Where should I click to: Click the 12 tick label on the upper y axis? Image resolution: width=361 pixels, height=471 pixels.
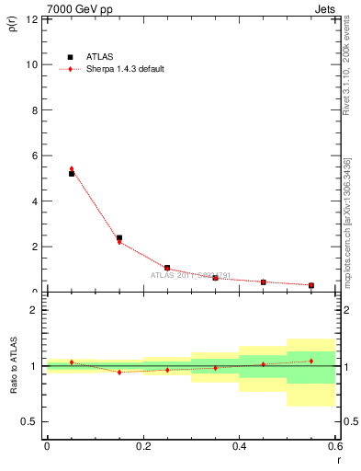(31, 19)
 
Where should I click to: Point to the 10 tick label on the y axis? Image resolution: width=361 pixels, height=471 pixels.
(31, 64)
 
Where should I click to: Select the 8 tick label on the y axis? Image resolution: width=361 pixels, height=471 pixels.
(34, 110)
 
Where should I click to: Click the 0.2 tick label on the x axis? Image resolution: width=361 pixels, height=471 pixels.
(142, 446)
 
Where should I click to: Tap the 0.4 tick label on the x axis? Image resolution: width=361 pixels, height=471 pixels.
(239, 446)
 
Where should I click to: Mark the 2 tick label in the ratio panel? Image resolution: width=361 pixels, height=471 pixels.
(34, 310)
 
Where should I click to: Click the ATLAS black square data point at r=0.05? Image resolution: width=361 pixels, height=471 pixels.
(72, 174)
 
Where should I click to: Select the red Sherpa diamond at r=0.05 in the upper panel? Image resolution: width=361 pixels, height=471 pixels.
(72, 169)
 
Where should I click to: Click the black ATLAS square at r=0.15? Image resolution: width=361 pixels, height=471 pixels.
(119, 238)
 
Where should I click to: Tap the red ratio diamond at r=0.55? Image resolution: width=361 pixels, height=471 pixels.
(311, 361)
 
